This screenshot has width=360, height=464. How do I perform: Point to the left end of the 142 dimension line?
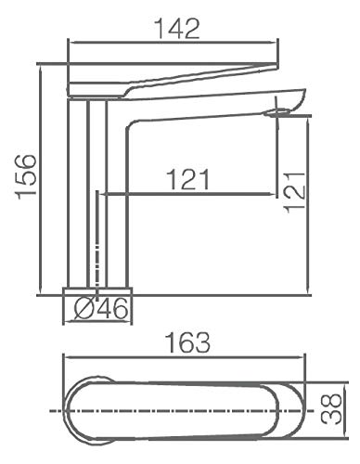click(71, 41)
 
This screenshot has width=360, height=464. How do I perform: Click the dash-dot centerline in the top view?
click(186, 408)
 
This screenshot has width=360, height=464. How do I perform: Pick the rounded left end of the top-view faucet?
click(71, 408)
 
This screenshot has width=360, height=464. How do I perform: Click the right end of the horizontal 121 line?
click(276, 194)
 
